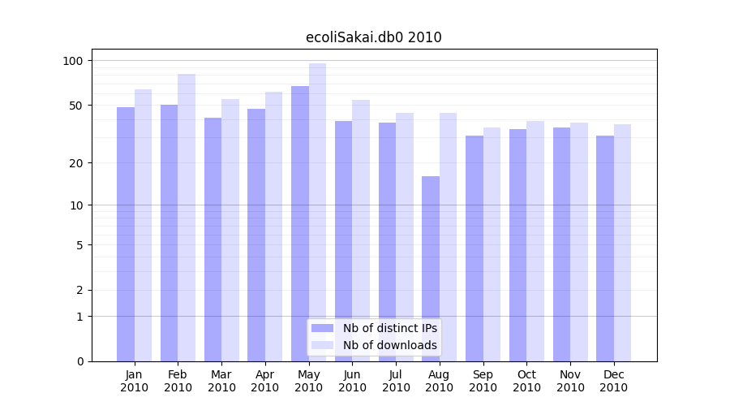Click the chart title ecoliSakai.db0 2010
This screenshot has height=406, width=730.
(x=373, y=37)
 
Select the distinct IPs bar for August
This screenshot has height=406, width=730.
(x=431, y=269)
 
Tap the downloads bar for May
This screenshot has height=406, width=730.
(x=317, y=212)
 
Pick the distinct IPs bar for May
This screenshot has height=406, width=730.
(x=300, y=223)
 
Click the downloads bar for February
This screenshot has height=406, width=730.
(x=187, y=218)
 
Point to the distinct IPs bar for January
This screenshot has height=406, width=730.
(x=126, y=234)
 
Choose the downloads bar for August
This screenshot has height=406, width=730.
(x=448, y=237)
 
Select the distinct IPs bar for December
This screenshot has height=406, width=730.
(x=605, y=248)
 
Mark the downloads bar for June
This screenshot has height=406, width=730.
(x=361, y=231)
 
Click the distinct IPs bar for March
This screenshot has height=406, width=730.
(x=213, y=240)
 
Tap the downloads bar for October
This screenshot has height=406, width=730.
(x=535, y=241)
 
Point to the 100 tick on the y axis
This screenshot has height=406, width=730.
(x=73, y=61)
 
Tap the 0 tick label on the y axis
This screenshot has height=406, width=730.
(x=80, y=361)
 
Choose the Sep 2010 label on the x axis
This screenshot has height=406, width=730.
(x=483, y=381)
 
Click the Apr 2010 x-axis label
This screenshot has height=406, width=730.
(x=265, y=381)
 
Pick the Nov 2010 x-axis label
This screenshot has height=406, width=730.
(x=570, y=381)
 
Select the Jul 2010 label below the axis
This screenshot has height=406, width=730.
(x=396, y=381)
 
